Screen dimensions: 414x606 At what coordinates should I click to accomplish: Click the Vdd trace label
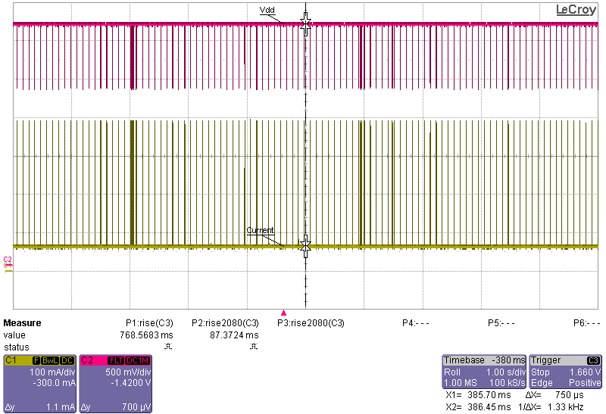267,9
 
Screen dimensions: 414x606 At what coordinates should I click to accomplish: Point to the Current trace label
260,230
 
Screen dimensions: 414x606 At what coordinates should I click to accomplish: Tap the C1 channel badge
11,360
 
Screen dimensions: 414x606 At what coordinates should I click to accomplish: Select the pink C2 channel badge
86,360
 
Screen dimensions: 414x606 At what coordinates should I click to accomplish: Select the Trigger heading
546,360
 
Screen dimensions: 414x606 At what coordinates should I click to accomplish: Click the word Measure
22,323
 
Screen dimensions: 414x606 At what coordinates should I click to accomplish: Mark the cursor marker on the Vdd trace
305,24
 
